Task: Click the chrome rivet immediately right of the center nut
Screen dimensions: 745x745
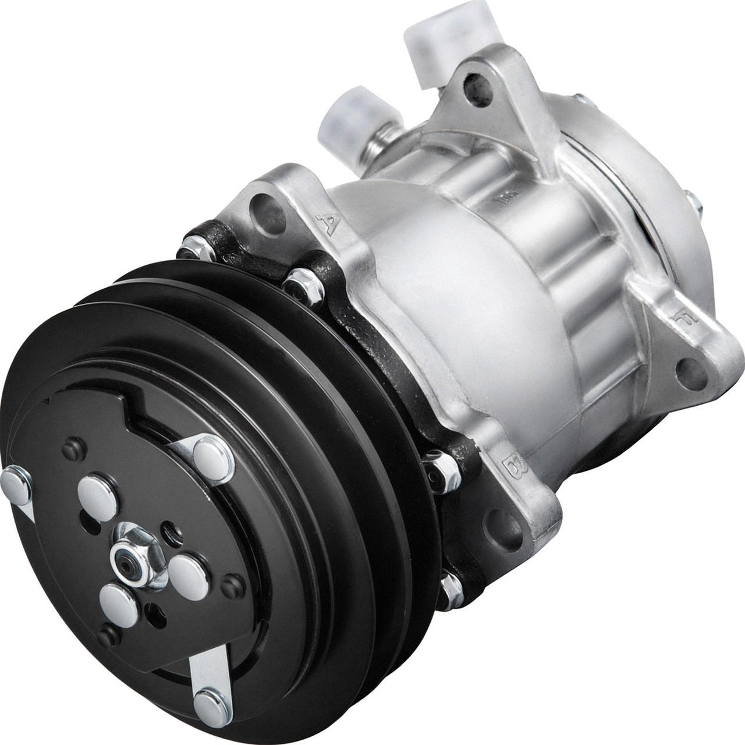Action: (188, 576)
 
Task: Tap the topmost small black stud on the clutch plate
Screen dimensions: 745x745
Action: (74, 449)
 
